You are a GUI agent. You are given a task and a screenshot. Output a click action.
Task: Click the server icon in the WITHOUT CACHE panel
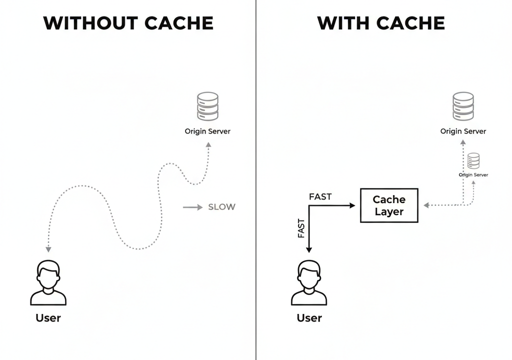207,106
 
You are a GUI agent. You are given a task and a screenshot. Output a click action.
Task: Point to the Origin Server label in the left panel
207,131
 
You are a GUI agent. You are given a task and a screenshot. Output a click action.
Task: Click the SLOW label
221,207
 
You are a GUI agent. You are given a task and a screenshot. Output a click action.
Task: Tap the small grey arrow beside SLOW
192,207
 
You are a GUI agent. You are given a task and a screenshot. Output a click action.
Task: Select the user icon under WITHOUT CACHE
48,283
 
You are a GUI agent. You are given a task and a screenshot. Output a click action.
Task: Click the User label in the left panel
48,318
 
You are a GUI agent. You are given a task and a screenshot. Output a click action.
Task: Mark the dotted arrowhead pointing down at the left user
48,248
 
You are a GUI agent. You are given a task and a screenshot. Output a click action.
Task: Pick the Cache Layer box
389,205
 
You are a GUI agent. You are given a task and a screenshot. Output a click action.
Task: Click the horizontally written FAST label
320,196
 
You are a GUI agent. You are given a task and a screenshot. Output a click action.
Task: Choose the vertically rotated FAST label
301,228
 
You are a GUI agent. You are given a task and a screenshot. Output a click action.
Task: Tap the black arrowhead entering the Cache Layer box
352,205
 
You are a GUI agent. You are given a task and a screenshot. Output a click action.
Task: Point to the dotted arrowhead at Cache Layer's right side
426,205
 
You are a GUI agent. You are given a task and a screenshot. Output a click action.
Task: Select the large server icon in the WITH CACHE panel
463,106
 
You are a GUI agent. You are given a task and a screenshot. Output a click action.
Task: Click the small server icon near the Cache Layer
473,161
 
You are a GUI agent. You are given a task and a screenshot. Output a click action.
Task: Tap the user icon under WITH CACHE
309,283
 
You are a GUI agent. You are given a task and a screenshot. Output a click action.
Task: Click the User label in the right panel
309,318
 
